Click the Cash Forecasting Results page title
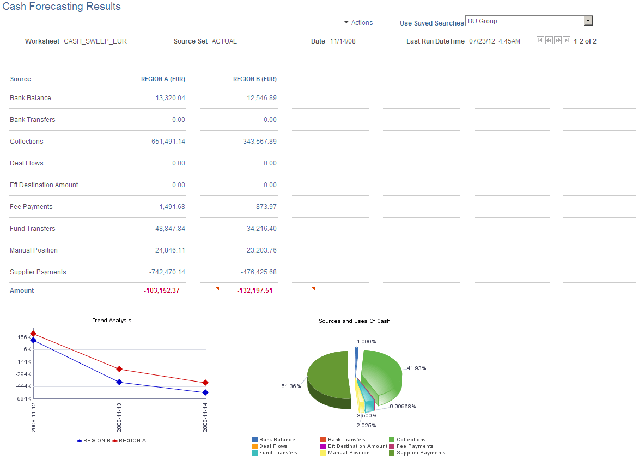tap(62, 7)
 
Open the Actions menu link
tap(362, 23)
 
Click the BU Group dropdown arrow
tap(588, 21)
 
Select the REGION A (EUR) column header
tap(163, 79)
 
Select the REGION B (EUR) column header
tap(254, 79)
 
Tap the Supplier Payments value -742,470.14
tap(167, 272)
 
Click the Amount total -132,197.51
tap(254, 291)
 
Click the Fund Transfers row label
tap(33, 229)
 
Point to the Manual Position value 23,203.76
tap(261, 250)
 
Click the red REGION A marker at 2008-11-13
tap(119, 369)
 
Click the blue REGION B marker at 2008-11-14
tap(205, 392)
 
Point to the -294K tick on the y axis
tap(23, 374)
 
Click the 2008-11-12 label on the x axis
tap(34, 417)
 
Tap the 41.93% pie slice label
tap(416, 368)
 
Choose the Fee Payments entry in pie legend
tap(415, 446)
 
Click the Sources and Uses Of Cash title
tap(354, 321)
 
